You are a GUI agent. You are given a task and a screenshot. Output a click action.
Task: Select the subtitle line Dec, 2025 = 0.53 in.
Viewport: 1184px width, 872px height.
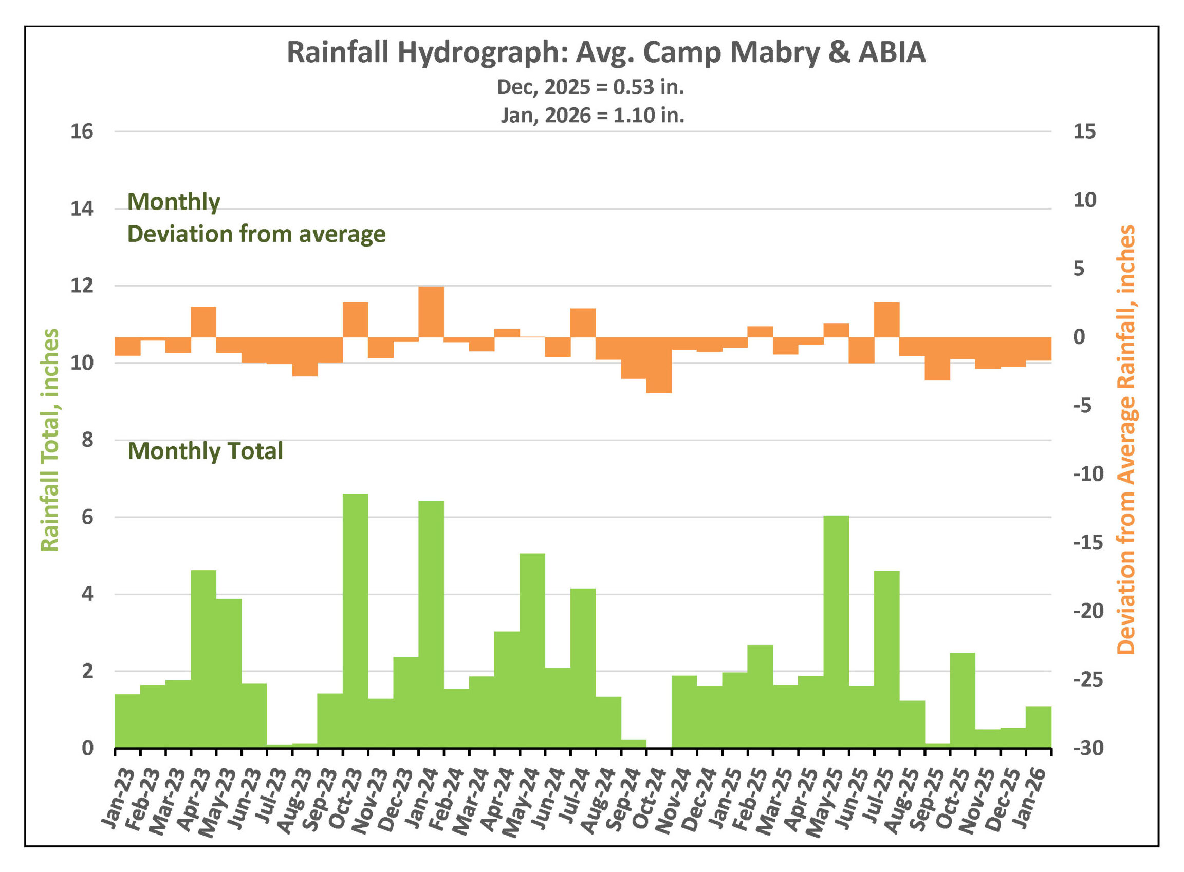(x=590, y=87)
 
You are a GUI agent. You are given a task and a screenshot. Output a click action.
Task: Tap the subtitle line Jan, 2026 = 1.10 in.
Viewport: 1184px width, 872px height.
(x=592, y=115)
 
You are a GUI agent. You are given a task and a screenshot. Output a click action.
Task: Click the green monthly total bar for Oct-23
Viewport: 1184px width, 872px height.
(x=355, y=620)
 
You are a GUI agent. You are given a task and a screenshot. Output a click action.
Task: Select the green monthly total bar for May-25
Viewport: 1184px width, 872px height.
(x=836, y=631)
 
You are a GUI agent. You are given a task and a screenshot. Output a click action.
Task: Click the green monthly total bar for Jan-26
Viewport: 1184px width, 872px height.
(x=1038, y=727)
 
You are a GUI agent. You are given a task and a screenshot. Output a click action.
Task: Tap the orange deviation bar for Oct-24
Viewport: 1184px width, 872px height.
(x=658, y=365)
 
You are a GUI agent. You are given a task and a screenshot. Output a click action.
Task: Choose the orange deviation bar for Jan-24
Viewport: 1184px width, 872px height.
(x=431, y=311)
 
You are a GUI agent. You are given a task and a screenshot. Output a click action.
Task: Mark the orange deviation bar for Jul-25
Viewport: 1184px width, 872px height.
(x=886, y=320)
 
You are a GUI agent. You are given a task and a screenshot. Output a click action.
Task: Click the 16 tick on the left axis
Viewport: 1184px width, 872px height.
(x=82, y=131)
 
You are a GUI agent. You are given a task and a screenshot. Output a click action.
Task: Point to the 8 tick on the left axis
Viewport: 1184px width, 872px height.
(x=87, y=440)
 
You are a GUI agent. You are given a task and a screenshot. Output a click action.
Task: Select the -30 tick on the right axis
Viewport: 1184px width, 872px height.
(x=1088, y=748)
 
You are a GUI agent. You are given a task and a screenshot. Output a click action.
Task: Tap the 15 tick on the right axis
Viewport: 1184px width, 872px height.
(x=1084, y=131)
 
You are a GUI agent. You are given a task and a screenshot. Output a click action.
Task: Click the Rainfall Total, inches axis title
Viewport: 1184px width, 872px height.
(x=50, y=440)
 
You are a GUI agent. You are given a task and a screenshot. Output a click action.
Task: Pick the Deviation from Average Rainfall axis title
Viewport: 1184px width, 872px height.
(x=1125, y=440)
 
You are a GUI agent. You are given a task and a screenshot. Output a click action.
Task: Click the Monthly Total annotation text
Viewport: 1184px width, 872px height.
(x=206, y=451)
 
